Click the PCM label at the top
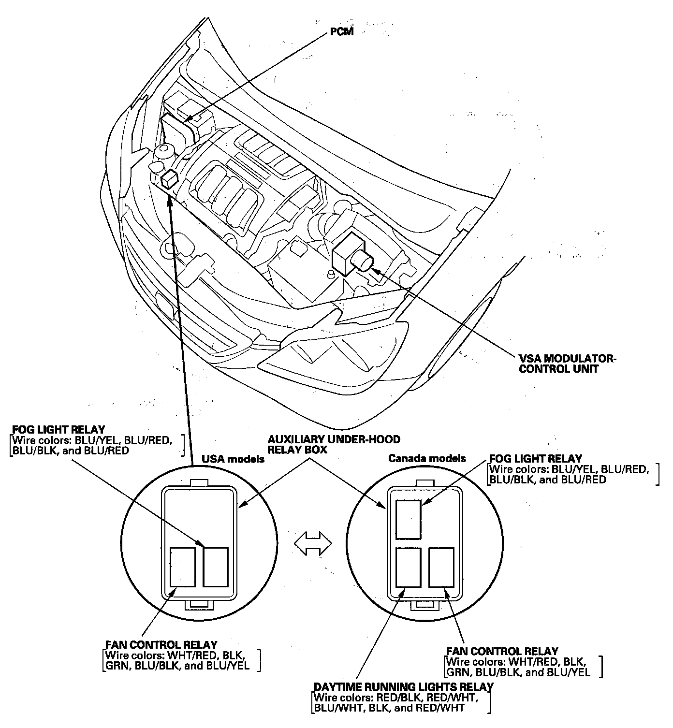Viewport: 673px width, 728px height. (342, 32)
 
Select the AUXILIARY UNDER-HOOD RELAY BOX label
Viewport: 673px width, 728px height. (334, 444)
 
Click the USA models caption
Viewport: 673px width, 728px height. (233, 459)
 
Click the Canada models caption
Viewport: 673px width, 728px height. (427, 458)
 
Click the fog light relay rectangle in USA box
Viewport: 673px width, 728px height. (216, 567)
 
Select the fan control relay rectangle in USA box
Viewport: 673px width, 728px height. (183, 567)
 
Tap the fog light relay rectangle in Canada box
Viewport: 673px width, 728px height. (409, 519)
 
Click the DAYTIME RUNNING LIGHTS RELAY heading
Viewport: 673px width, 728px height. (404, 686)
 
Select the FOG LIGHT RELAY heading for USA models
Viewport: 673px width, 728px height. (59, 430)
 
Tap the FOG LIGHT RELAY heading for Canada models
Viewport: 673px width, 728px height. (536, 458)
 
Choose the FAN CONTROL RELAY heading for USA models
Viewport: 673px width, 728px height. (161, 645)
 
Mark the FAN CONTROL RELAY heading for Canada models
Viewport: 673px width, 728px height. (502, 651)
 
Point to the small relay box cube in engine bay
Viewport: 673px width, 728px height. (170, 179)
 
